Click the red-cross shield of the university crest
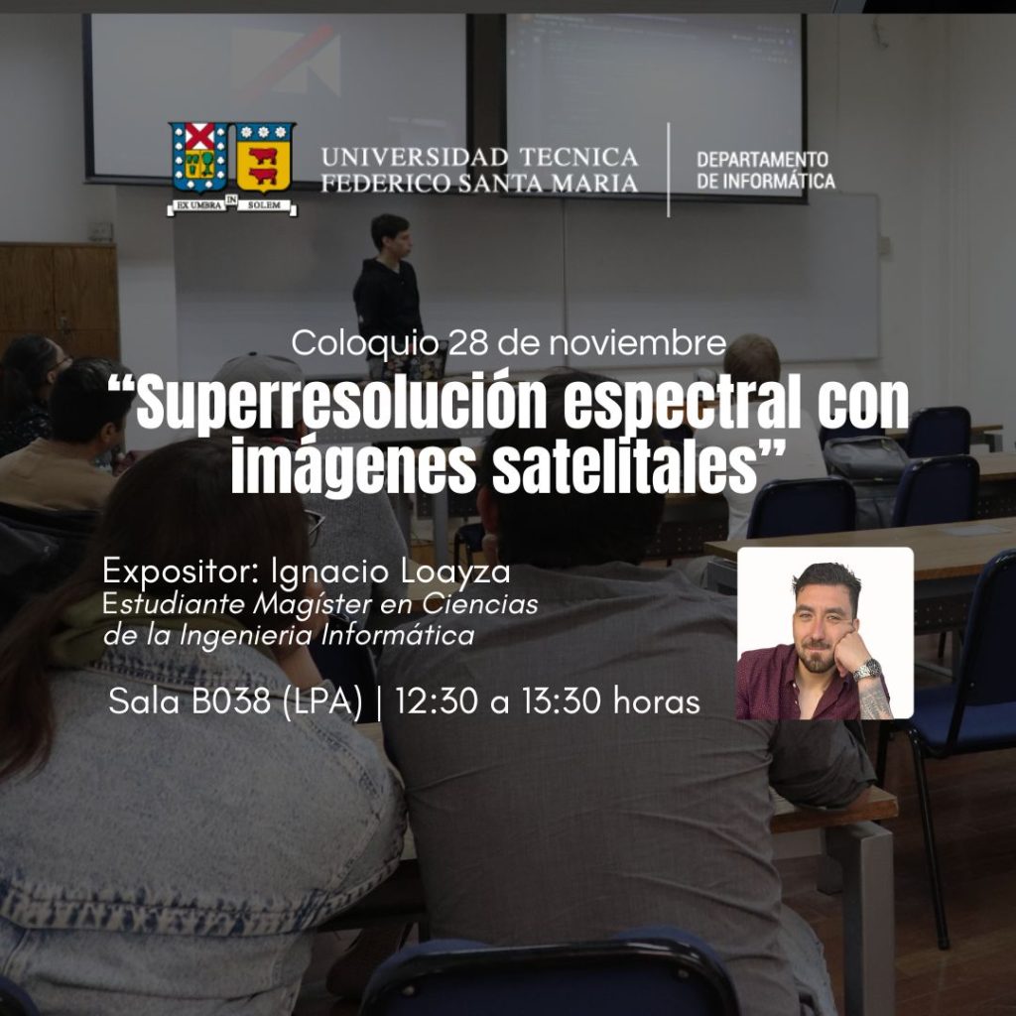click(x=199, y=158)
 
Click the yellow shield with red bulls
click(x=263, y=158)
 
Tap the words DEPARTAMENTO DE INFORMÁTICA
click(x=765, y=171)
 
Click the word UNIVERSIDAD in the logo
click(x=415, y=157)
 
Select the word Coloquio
click(x=365, y=344)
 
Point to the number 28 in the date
click(x=468, y=343)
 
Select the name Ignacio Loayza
click(x=391, y=572)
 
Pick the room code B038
click(x=230, y=701)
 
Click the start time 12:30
click(x=437, y=701)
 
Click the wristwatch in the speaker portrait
click(x=867, y=670)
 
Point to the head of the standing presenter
click(x=391, y=236)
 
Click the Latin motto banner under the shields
click(x=232, y=205)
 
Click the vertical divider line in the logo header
click(x=668, y=170)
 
